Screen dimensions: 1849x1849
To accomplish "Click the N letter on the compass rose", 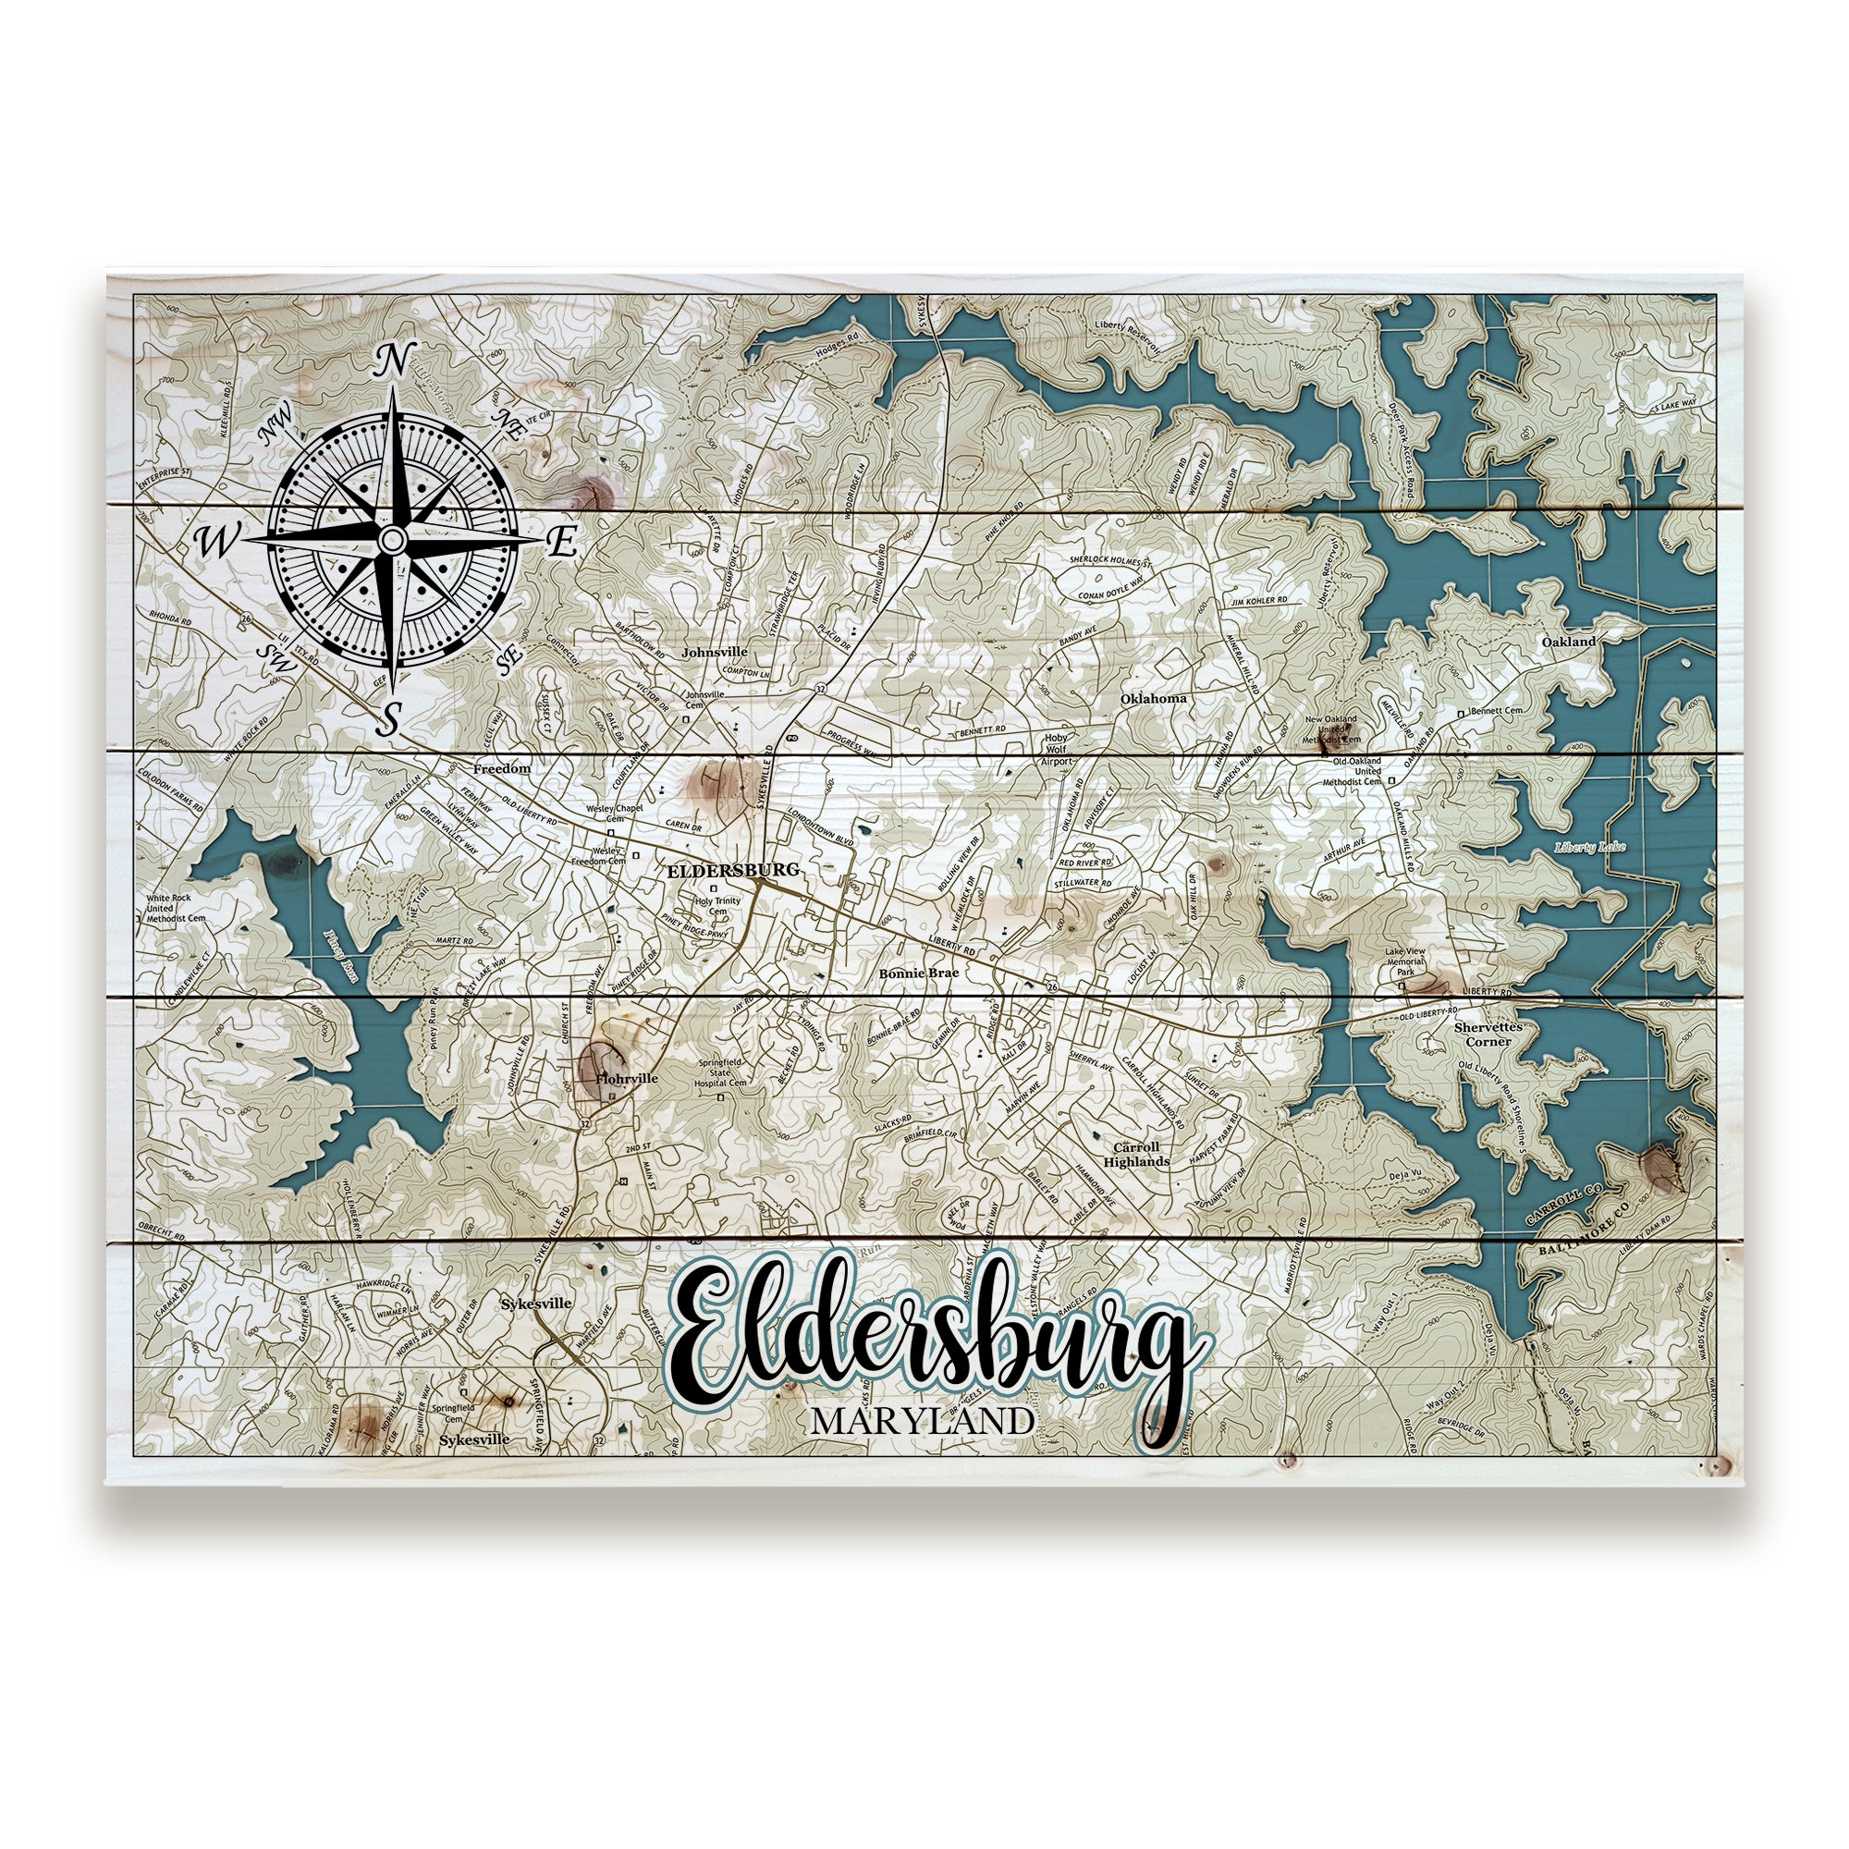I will pos(392,361).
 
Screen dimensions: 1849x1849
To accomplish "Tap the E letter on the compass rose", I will pos(562,543).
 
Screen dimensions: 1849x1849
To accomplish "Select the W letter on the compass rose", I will pos(216,543).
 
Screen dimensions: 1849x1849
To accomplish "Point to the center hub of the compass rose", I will pos(391,541).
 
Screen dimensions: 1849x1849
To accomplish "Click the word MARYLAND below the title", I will pos(922,1421).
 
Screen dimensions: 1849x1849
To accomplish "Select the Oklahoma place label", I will pos(1153,698).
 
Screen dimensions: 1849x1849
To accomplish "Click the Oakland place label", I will pos(1569,643).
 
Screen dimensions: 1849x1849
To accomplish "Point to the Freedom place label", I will pos(501,768).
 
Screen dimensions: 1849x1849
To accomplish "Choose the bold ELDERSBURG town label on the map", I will pos(732,871).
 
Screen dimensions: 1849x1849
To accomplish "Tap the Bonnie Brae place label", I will pos(919,973).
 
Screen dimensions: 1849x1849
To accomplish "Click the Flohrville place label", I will pos(627,1078).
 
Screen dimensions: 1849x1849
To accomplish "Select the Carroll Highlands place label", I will pos(1136,1154).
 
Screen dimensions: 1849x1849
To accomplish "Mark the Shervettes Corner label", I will pos(1488,1034).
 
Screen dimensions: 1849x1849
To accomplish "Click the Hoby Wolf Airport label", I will pos(1056,750).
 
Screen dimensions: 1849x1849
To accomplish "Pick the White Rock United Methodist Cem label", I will pos(175,908).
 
